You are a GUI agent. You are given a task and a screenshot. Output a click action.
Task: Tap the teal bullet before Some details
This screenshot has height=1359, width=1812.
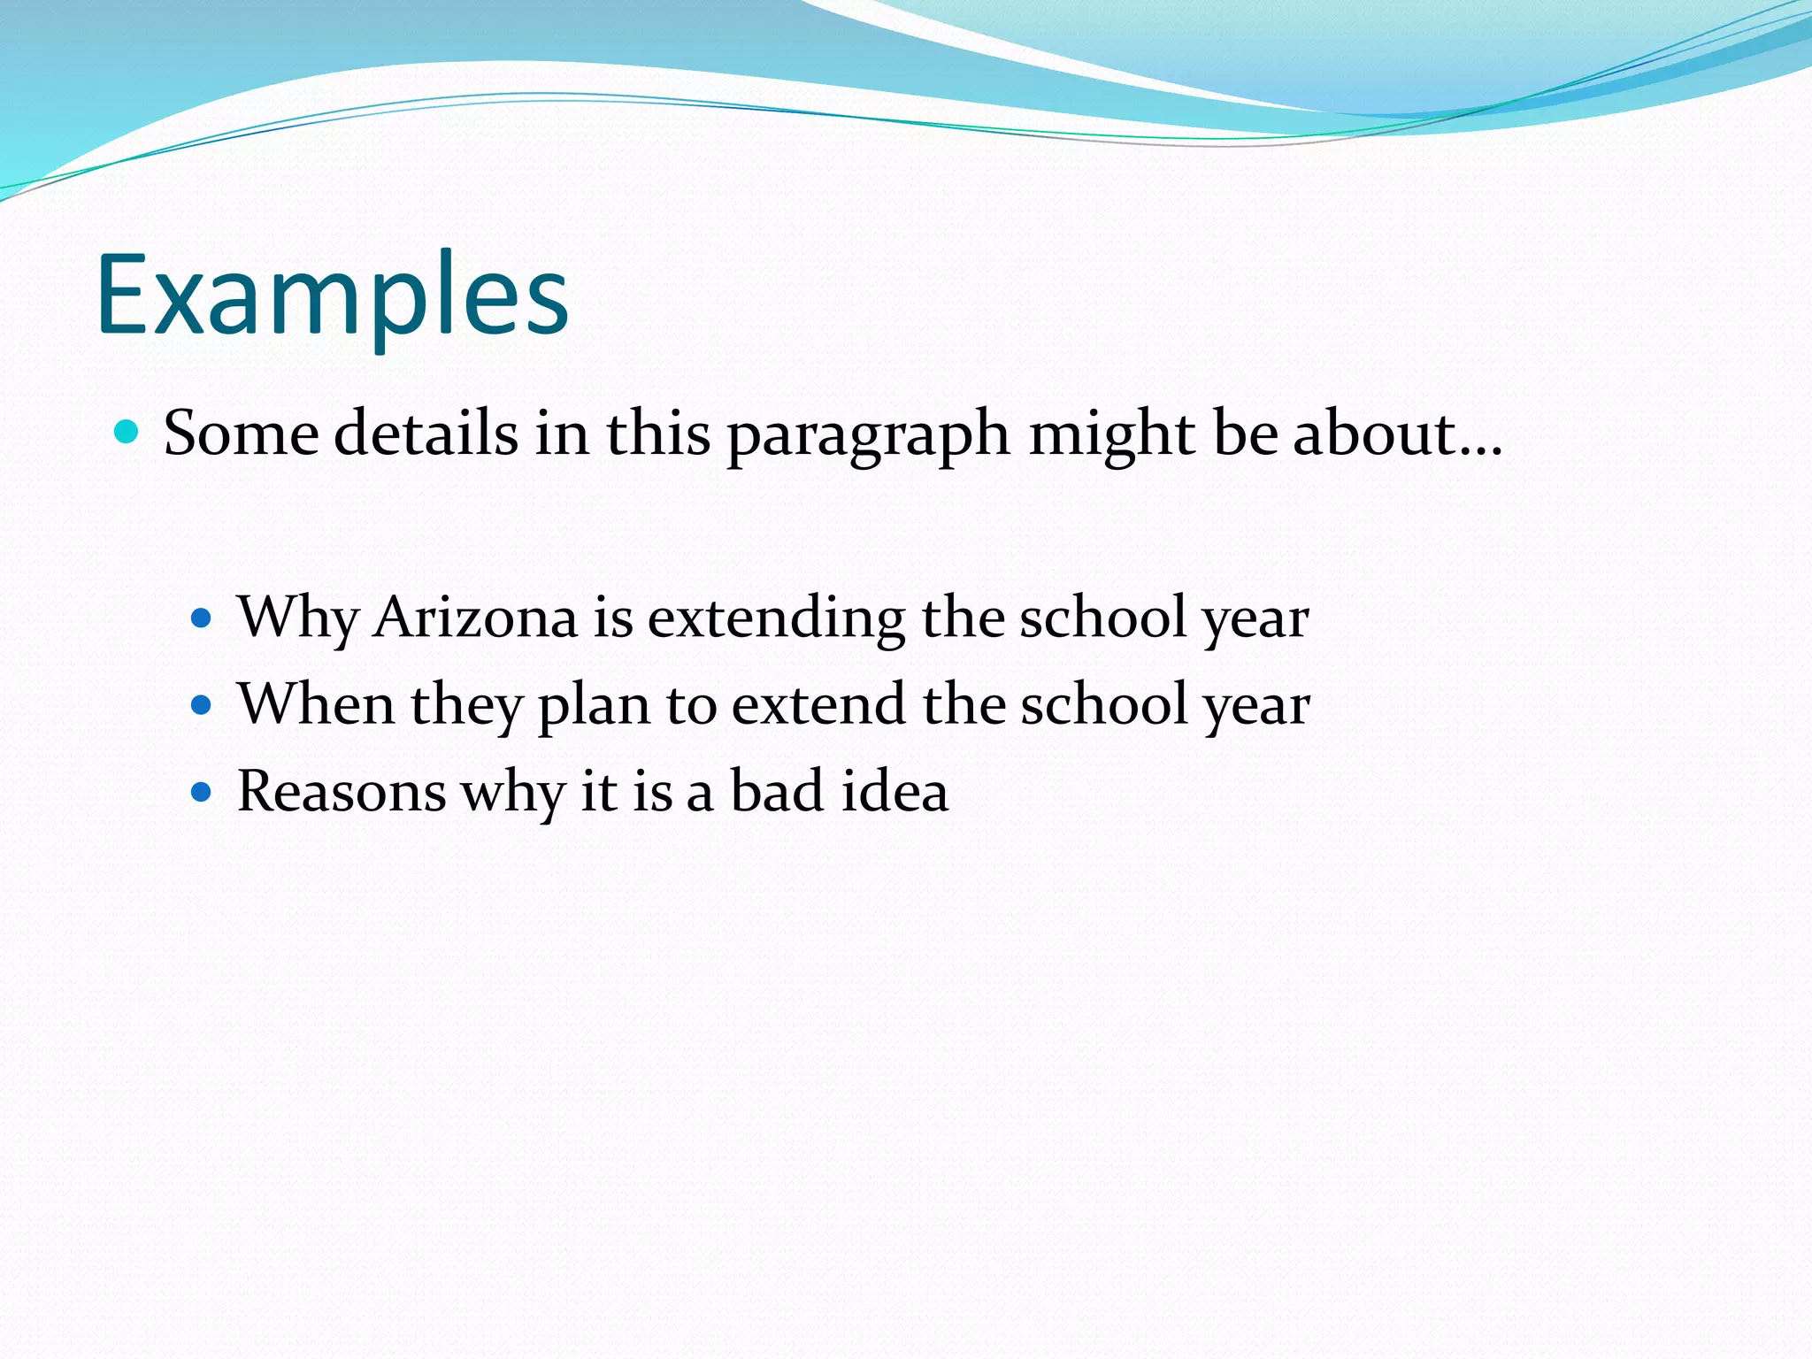click(x=127, y=432)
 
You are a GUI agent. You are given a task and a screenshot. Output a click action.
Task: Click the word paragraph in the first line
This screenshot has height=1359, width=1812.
click(x=868, y=435)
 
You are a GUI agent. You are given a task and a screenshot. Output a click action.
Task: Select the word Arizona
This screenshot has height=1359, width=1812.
click(x=475, y=618)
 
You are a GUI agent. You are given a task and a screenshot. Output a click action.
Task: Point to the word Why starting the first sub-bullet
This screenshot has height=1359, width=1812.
click(x=297, y=618)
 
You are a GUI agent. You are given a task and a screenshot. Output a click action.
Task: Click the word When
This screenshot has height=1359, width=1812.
click(x=316, y=704)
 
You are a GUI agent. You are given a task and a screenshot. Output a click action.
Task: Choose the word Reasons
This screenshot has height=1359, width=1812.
click(x=342, y=791)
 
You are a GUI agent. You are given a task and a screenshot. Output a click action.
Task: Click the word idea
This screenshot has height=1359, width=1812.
click(x=894, y=791)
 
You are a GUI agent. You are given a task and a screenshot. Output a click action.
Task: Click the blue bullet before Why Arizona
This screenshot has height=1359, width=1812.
click(x=202, y=618)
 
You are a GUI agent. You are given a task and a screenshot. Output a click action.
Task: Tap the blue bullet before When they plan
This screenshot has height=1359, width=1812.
click(x=202, y=705)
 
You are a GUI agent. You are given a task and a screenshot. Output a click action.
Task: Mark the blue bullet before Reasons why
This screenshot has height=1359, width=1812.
click(x=202, y=791)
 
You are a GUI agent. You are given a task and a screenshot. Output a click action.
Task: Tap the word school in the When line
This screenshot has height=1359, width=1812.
click(x=1103, y=704)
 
